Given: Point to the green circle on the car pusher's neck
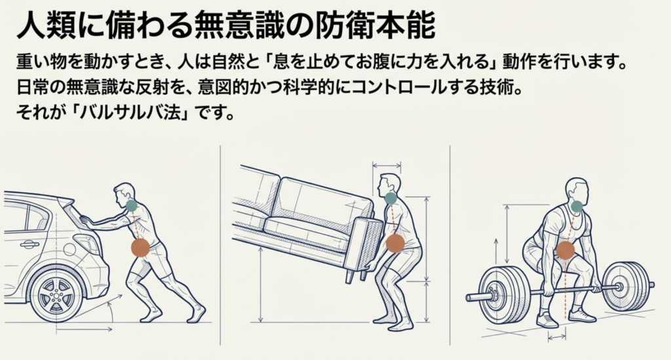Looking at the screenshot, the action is pyautogui.click(x=131, y=205).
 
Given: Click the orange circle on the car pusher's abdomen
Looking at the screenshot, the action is pyautogui.click(x=140, y=247).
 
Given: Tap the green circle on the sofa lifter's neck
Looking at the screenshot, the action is pyautogui.click(x=391, y=198).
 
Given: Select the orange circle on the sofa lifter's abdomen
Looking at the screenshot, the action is pyautogui.click(x=395, y=243).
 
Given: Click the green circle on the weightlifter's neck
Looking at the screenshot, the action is pyautogui.click(x=577, y=207).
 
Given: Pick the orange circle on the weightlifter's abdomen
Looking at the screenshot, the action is pyautogui.click(x=565, y=250).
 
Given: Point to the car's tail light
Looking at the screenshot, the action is pyautogui.click(x=87, y=242).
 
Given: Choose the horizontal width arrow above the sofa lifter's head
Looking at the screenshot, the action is pyautogui.click(x=387, y=165).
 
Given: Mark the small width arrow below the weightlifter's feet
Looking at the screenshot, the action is pyautogui.click(x=557, y=337).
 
